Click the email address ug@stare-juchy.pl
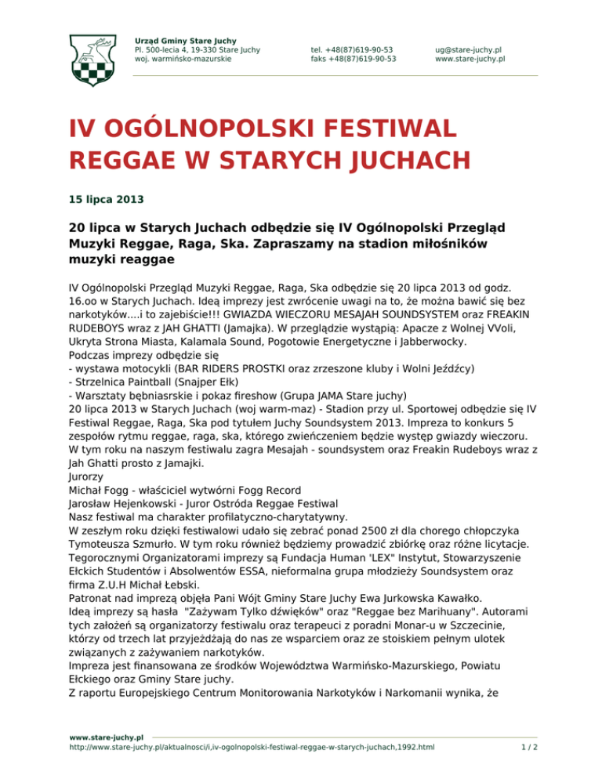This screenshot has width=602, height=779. click(x=469, y=49)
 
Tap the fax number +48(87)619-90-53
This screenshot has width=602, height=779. click(x=353, y=58)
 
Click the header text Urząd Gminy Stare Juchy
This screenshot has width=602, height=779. click(x=186, y=40)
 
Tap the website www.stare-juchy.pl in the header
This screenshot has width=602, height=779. click(x=470, y=58)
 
